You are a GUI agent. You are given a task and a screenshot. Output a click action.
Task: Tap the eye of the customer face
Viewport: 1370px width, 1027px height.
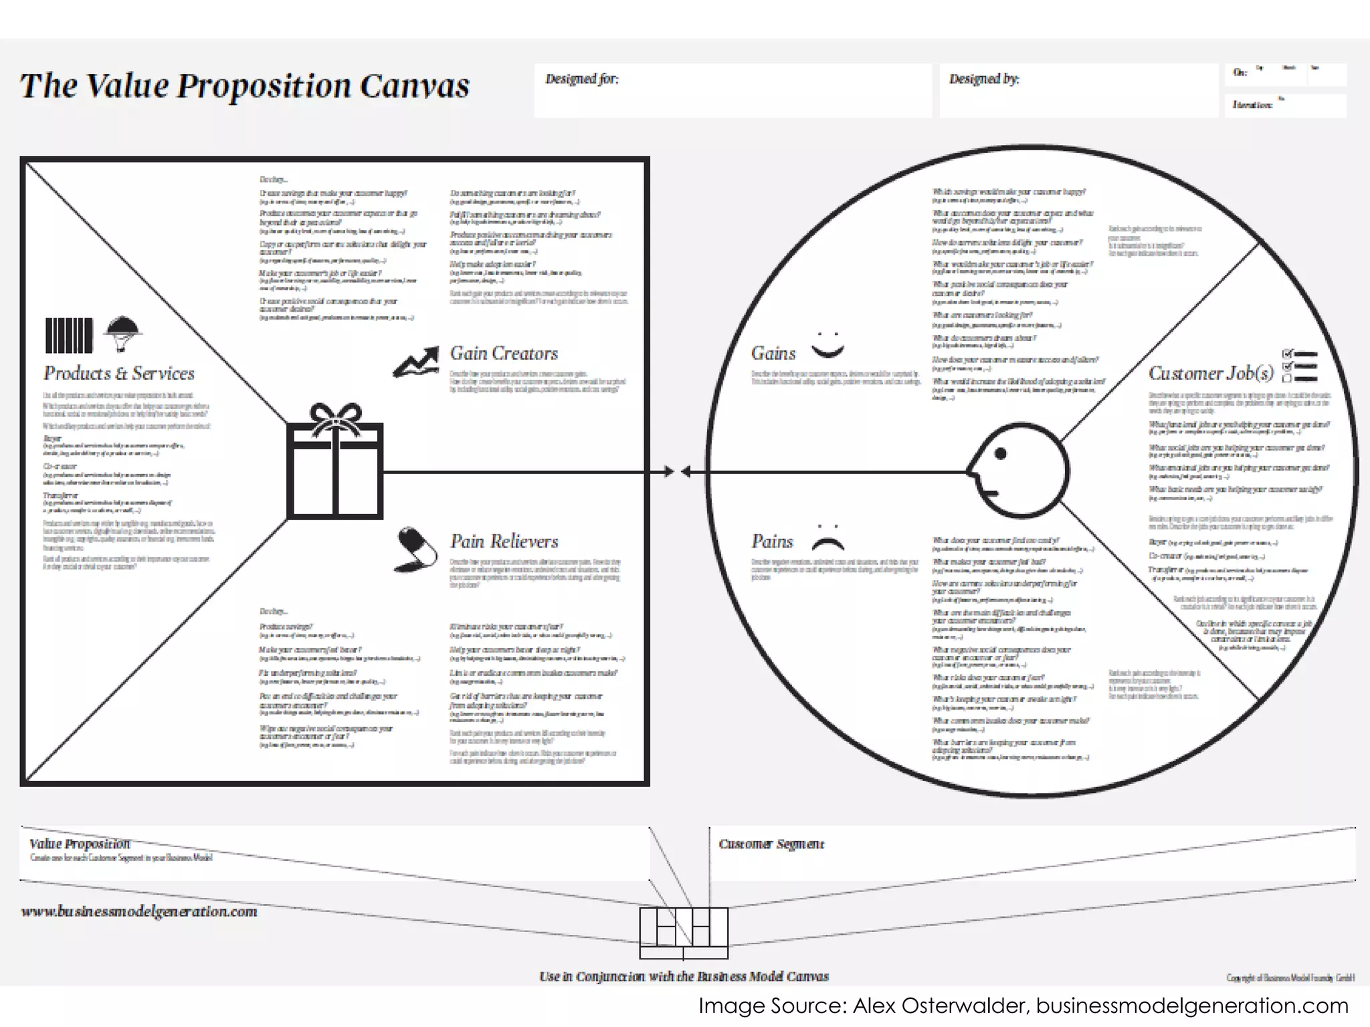[1001, 454]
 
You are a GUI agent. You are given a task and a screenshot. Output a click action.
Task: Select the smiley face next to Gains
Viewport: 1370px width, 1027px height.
[827, 344]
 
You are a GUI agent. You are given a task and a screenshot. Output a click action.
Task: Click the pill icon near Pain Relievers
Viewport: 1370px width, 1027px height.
[415, 549]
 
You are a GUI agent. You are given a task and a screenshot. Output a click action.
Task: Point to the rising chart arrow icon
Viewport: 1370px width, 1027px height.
[415, 362]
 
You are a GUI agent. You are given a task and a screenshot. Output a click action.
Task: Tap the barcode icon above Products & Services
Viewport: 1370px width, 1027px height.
[69, 335]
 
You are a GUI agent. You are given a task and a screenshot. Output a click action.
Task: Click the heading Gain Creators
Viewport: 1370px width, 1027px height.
[504, 353]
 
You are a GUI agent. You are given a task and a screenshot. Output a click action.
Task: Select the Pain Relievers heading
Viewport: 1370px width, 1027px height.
[504, 541]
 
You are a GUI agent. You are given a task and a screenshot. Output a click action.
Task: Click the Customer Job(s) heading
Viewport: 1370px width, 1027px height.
[1211, 373]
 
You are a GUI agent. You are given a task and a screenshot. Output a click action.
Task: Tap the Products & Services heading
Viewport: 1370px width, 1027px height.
[119, 373]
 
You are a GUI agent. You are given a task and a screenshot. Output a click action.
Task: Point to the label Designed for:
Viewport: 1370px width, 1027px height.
[582, 79]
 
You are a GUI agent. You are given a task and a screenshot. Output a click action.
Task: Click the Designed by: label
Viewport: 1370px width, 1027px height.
[984, 79]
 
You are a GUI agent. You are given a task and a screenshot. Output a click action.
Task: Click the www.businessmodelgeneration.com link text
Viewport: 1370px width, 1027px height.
[139, 911]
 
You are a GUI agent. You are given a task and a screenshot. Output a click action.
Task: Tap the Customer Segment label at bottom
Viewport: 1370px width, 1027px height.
[771, 844]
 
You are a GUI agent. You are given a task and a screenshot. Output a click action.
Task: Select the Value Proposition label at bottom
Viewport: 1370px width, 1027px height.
[80, 844]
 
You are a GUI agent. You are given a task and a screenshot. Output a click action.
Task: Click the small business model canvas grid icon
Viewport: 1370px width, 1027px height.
[684, 932]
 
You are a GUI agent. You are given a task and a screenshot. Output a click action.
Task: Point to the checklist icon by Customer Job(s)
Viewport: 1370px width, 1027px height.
[1300, 365]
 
